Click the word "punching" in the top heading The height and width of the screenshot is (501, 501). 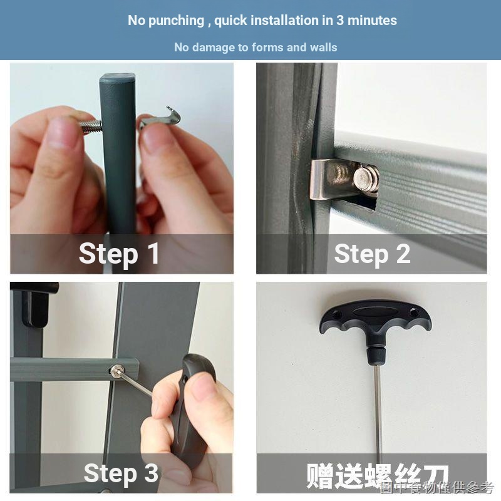coord(177,21)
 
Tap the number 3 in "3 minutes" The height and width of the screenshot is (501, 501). coord(340,21)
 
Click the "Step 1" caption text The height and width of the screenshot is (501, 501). coord(119,254)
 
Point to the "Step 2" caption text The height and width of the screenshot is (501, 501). coord(372,254)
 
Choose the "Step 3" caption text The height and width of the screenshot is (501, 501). coord(121,473)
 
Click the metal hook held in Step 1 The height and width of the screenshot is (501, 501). coord(160,119)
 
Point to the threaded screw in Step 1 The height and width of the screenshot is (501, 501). coord(90,126)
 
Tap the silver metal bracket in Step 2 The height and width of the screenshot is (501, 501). coord(333,179)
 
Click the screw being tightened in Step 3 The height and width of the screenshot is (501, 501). coord(115,371)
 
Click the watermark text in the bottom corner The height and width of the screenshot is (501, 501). coord(437,488)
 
